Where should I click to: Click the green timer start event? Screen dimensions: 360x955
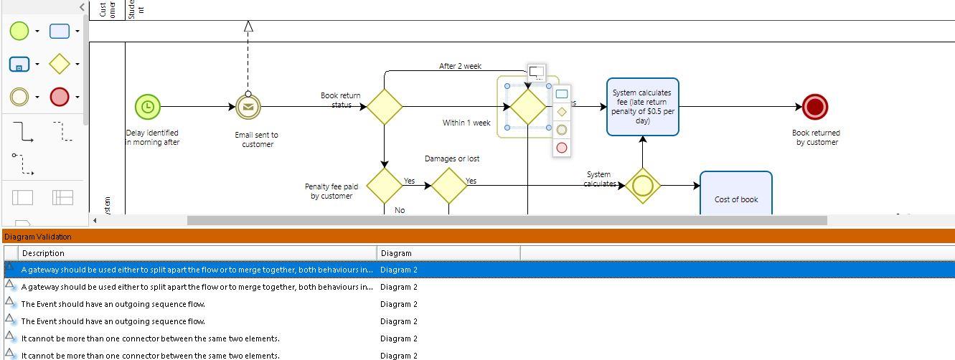147,107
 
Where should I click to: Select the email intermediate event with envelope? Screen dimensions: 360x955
248,107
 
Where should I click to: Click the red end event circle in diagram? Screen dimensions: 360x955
815,107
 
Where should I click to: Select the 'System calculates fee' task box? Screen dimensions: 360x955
642,107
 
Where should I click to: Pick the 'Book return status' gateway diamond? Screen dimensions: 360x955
385,107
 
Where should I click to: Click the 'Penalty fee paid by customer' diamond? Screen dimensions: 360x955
385,186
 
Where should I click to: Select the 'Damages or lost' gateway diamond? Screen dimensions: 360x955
449,186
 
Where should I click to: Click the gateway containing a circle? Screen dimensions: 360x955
642,186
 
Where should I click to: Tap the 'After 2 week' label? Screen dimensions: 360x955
460,66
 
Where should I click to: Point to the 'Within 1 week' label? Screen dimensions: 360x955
466,123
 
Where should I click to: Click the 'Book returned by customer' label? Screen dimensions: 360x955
816,137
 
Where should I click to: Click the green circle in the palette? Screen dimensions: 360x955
19,31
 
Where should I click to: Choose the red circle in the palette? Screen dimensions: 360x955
60,97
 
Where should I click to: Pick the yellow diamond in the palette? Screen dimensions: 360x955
60,64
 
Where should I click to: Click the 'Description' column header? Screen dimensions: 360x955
43,253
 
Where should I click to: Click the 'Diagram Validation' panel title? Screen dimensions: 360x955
38,237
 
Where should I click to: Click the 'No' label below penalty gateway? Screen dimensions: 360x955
400,210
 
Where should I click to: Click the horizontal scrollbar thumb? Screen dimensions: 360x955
507,220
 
